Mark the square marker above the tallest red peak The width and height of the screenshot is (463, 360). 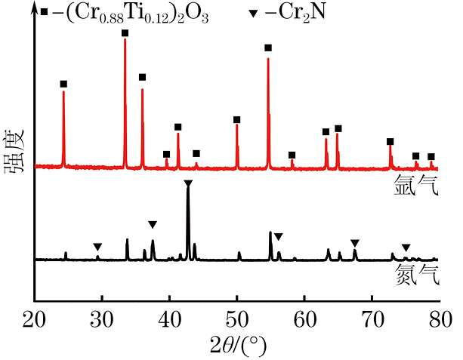[125, 33]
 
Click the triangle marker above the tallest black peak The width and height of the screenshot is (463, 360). [188, 183]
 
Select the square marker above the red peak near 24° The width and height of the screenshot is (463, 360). [63, 84]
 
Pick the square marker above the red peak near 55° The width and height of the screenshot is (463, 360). [268, 48]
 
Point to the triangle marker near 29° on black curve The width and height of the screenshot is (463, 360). [97, 247]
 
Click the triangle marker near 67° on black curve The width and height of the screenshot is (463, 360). [355, 242]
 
